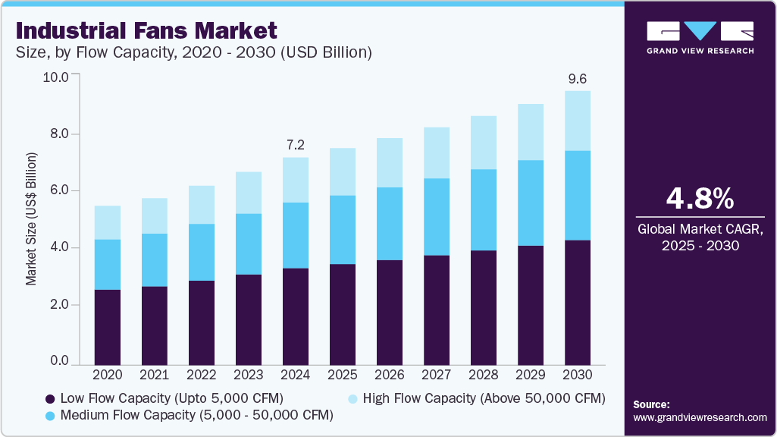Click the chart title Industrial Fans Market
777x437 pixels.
point(146,31)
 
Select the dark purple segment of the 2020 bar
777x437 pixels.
point(107,327)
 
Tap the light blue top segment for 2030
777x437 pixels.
point(578,121)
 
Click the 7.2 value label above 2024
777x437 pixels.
point(295,143)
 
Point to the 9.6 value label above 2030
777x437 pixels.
point(578,78)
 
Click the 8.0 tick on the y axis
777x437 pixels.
point(59,134)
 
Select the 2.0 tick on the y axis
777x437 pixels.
point(59,305)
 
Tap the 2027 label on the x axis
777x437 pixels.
point(436,375)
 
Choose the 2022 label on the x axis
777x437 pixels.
point(201,375)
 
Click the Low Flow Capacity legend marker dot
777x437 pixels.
point(50,398)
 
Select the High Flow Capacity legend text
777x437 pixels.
point(484,398)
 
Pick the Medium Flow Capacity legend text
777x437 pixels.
point(197,416)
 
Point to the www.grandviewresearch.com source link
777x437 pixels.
point(700,417)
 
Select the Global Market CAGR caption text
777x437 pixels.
point(700,237)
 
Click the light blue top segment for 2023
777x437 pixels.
point(248,193)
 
